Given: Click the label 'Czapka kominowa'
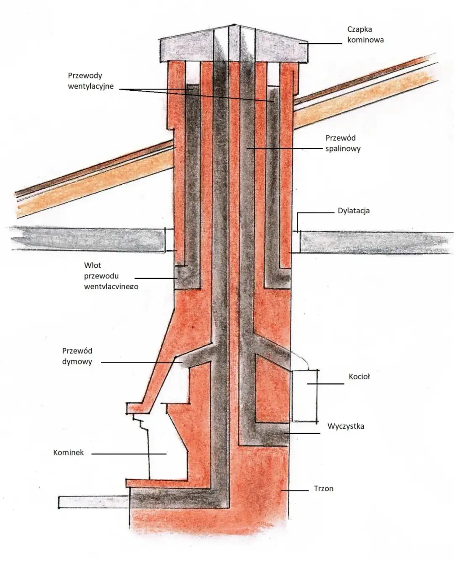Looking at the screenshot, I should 365,35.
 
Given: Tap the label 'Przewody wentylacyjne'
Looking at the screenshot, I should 90,81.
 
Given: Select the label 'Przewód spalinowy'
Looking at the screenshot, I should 343,143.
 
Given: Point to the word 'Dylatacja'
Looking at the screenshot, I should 354,210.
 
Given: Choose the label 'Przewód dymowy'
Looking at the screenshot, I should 77,356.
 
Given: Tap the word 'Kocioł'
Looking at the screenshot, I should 359,377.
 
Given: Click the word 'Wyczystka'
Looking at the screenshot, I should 346,426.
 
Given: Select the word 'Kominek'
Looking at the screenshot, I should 69,453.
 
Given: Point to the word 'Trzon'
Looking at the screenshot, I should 323,489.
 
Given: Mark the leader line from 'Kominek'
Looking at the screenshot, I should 129,454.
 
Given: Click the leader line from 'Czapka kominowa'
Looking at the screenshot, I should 324,43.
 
